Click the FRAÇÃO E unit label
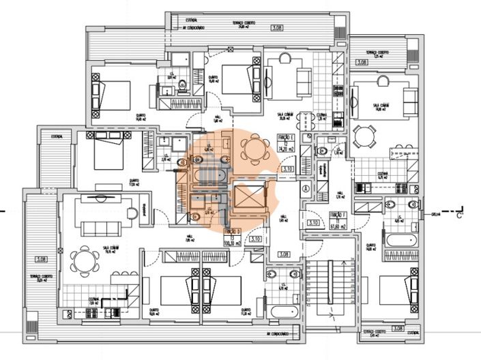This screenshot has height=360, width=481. (287, 138)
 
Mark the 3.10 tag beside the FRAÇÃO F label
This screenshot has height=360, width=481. (314, 222)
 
